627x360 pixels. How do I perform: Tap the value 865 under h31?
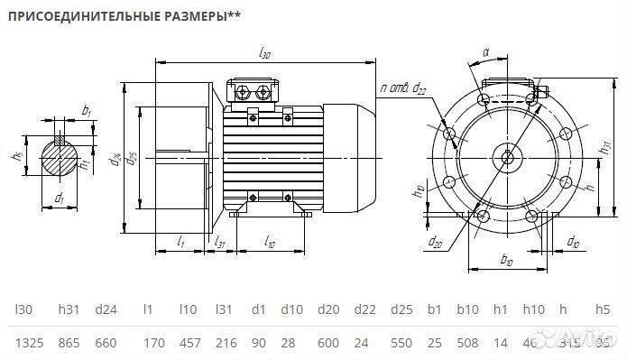(68, 343)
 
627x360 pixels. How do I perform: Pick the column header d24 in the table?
(106, 309)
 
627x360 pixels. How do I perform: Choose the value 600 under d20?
(328, 343)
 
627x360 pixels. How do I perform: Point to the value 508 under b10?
(467, 343)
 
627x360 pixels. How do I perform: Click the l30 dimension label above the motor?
(264, 54)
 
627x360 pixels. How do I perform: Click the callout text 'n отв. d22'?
(403, 88)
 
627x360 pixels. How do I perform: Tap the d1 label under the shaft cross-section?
(59, 197)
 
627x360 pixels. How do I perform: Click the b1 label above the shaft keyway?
(86, 110)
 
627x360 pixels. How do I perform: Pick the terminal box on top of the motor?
(257, 91)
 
